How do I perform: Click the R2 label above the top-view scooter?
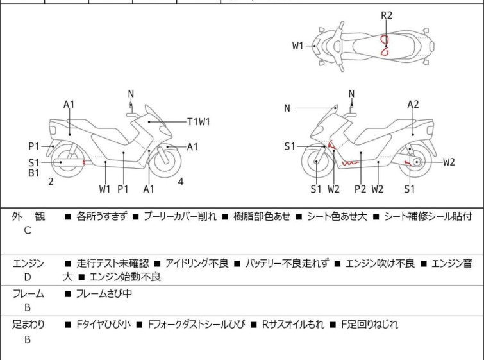click(387, 15)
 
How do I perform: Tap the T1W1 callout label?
click(199, 121)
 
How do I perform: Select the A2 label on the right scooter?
click(413, 104)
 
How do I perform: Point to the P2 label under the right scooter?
click(360, 189)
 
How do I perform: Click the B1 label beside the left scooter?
click(34, 173)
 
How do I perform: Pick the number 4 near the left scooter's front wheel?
click(181, 182)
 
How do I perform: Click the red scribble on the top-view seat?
click(384, 45)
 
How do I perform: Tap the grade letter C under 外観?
click(28, 230)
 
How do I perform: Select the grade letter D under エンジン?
click(28, 277)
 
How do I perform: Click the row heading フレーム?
click(28, 294)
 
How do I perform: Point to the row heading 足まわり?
click(28, 325)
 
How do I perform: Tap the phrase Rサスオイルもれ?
click(293, 325)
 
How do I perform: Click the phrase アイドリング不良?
click(196, 263)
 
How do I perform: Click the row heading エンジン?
click(28, 263)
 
